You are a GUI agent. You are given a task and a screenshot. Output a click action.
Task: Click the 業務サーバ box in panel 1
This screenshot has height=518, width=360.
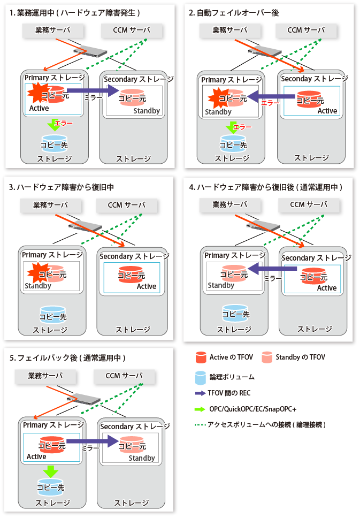pos(53,31)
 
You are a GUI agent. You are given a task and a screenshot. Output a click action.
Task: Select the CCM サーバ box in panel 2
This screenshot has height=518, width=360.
pos(306,31)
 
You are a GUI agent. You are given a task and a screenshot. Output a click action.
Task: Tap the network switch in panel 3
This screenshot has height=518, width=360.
pos(85,226)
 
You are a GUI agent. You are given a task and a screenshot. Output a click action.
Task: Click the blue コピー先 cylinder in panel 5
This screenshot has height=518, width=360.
pos(50,487)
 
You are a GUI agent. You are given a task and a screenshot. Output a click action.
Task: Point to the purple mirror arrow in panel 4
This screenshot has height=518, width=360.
pos(272,269)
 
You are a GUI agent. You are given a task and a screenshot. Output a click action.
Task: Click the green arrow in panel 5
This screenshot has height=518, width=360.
pos(50,471)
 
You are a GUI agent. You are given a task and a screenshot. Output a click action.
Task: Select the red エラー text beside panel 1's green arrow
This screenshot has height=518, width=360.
pos(64,124)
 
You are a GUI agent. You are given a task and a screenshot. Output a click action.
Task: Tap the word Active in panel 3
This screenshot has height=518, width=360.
pos(147,286)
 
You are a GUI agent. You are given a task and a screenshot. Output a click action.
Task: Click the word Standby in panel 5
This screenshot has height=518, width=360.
pos(142,458)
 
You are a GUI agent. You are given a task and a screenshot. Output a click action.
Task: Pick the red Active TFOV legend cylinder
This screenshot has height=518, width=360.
pos(201,357)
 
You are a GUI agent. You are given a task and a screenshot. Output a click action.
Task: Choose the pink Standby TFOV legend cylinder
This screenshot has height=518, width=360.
pos(267,357)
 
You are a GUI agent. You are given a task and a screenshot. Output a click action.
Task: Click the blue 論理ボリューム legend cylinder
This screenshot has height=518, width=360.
pos(201,378)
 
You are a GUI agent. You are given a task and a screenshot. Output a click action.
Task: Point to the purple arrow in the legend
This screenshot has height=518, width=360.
pos(201,393)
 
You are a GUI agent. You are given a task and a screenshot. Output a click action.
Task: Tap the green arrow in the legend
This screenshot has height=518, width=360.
pos(200,409)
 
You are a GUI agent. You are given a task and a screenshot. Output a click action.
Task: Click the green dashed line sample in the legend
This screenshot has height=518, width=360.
pos(201,425)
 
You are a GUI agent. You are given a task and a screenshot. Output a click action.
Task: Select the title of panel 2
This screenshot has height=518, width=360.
pos(234,13)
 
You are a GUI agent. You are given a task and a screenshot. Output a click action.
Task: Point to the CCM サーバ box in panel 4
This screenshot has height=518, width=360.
pos(309,205)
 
